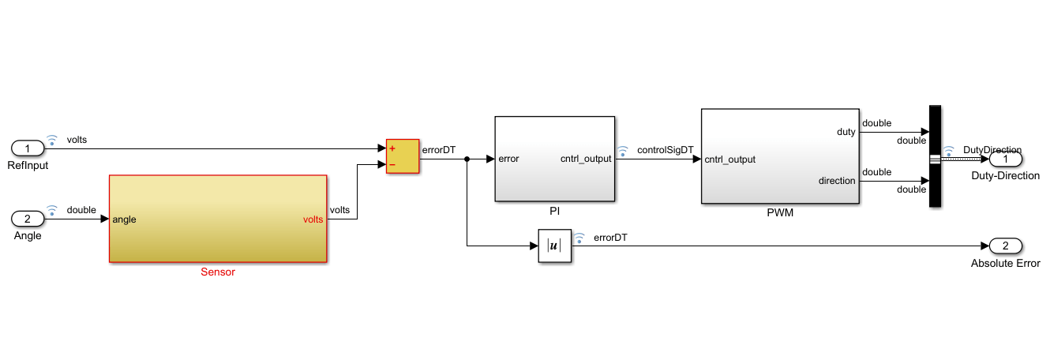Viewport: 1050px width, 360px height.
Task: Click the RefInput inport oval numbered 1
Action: coord(28,148)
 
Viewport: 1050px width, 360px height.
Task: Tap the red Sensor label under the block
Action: coord(218,272)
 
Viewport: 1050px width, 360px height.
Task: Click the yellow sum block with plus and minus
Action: coord(403,157)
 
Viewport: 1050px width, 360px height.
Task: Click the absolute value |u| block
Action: coord(554,246)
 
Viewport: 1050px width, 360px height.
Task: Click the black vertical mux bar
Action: coord(936,156)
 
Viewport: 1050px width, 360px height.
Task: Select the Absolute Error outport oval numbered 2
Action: coord(1005,246)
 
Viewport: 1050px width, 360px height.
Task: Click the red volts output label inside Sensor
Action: coord(313,219)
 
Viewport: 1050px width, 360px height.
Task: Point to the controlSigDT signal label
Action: coord(665,149)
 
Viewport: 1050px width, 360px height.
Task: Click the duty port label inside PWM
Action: coord(846,132)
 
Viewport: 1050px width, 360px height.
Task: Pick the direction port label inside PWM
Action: coord(836,181)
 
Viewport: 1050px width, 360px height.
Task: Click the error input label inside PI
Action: coord(508,159)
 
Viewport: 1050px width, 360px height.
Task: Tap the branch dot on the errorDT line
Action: coord(467,159)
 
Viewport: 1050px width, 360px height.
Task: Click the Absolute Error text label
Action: coord(1005,264)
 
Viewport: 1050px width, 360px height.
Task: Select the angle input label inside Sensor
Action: coord(124,219)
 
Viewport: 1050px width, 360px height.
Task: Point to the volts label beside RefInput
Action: coord(77,140)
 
